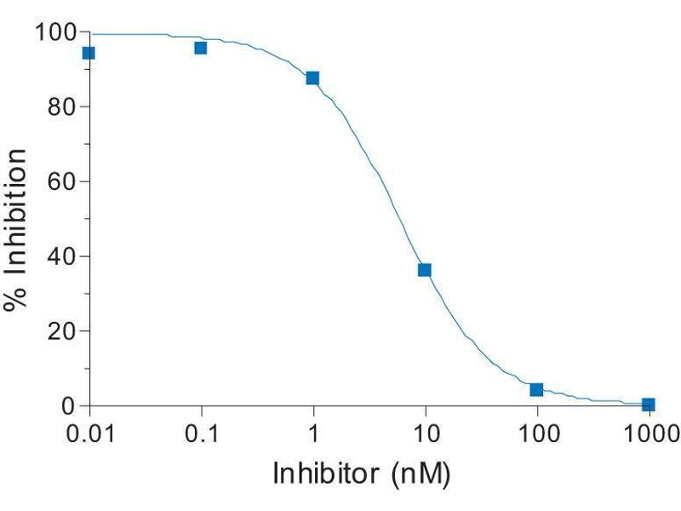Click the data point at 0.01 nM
[x=88, y=53]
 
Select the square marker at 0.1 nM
[x=201, y=48]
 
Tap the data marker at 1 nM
[x=312, y=78]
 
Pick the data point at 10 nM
[x=425, y=270]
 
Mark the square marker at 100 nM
[x=536, y=390]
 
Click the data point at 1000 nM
[x=649, y=405]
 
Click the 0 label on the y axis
[x=71, y=405]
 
